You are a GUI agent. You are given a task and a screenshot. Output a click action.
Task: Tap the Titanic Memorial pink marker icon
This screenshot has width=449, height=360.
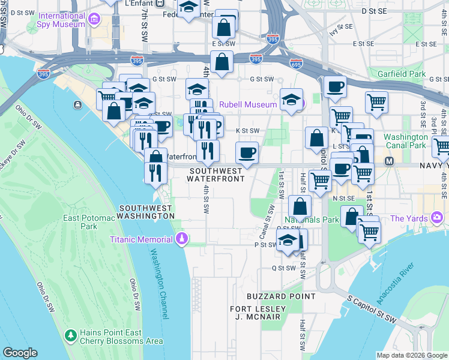(x=181, y=240)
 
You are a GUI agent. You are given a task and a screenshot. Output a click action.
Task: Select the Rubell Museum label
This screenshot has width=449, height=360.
(x=248, y=104)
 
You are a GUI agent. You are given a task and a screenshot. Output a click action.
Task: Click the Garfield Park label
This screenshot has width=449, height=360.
(x=402, y=74)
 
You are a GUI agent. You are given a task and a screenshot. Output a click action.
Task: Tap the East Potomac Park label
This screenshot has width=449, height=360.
(x=89, y=222)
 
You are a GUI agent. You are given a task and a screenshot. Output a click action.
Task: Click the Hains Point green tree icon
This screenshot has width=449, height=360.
(x=71, y=334)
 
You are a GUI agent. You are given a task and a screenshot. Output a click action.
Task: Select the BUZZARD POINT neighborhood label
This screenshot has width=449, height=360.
(x=281, y=296)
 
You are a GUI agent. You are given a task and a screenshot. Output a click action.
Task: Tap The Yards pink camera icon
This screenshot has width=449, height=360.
(x=436, y=217)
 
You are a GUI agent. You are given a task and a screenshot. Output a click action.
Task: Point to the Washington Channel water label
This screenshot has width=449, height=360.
(x=157, y=275)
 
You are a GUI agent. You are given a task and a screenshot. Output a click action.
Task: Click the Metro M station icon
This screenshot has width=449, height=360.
(x=388, y=161)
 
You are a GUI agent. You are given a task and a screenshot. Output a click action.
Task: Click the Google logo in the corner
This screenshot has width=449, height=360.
(x=20, y=353)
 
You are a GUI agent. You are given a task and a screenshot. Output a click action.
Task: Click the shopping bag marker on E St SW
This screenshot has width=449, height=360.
(x=221, y=62)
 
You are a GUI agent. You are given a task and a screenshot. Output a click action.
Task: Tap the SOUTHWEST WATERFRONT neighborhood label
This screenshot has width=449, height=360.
(x=217, y=175)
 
